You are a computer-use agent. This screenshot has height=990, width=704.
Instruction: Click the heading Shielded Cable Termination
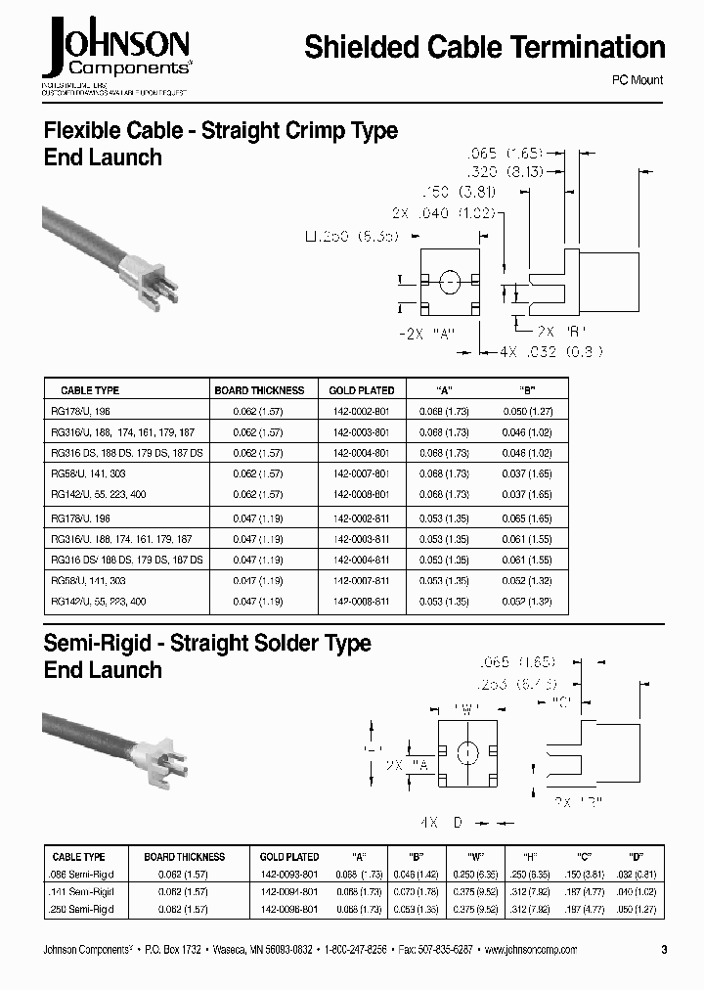point(484,47)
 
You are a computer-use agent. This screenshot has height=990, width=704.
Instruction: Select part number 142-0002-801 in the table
point(361,412)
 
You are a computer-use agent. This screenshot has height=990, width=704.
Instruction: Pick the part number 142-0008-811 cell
point(361,602)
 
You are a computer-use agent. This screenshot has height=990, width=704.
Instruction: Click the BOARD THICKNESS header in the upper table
point(259,390)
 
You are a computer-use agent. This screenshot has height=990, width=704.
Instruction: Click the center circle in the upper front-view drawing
point(450,285)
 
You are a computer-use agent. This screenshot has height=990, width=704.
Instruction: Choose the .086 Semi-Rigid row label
point(83,873)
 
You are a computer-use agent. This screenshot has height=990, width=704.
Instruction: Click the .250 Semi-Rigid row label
point(83,909)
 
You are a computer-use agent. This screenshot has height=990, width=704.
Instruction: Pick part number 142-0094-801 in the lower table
point(288,891)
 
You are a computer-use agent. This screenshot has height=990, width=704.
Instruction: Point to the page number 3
point(664,950)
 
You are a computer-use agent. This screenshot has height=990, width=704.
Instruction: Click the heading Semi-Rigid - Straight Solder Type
point(207,643)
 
